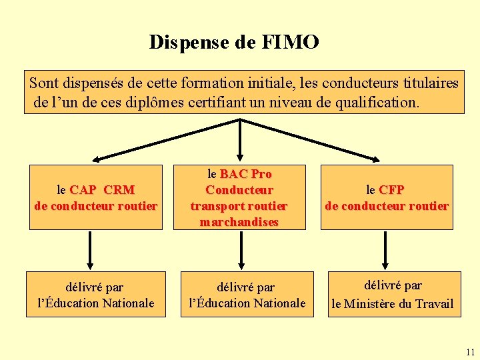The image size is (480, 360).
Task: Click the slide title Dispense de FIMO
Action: coord(234,42)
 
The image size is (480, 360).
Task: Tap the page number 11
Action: coord(471,352)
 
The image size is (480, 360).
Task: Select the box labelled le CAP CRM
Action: coord(96,197)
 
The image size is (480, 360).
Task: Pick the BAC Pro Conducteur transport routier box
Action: coord(239,197)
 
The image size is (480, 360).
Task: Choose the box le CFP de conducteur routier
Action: coord(387,197)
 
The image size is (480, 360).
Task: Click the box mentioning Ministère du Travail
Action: coord(393,295)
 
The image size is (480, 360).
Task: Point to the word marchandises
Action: coord(239,222)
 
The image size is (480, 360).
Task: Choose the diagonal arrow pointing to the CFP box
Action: coord(312,139)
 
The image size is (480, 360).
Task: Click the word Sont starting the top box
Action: coord(43,83)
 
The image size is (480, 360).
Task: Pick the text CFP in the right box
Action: coord(392,190)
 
